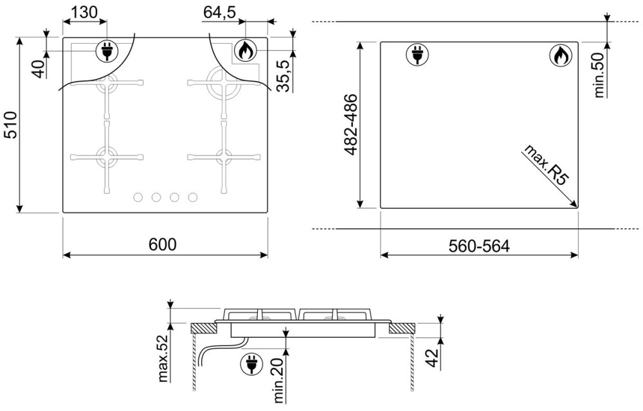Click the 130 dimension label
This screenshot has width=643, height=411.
point(84,12)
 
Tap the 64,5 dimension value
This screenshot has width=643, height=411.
point(219,12)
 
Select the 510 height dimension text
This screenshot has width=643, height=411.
point(11,125)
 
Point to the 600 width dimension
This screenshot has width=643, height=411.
point(163,245)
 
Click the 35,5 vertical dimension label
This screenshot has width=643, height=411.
point(284,76)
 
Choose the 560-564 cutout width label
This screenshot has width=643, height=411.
point(479,247)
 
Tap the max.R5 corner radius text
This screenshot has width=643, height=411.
point(546,164)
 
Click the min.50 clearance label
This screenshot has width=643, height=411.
point(599,75)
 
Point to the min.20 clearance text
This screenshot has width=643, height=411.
point(278,380)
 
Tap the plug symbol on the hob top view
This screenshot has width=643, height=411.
point(107,51)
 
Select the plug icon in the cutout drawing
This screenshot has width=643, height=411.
point(417,55)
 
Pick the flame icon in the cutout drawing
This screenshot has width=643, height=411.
point(560,55)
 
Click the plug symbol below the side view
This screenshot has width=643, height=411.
point(251,363)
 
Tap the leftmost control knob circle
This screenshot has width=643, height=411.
point(138,197)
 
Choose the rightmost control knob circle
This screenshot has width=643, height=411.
point(193,197)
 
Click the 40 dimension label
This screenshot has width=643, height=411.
point(39,68)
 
